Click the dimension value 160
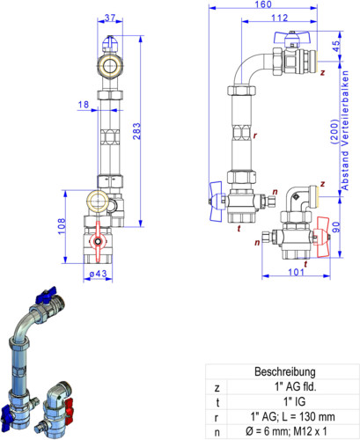263,4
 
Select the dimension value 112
279,18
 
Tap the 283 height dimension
136,131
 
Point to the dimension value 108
62,226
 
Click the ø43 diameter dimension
98,274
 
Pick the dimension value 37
110,18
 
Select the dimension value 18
84,105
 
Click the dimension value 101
296,272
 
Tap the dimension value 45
336,46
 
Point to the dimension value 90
336,227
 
